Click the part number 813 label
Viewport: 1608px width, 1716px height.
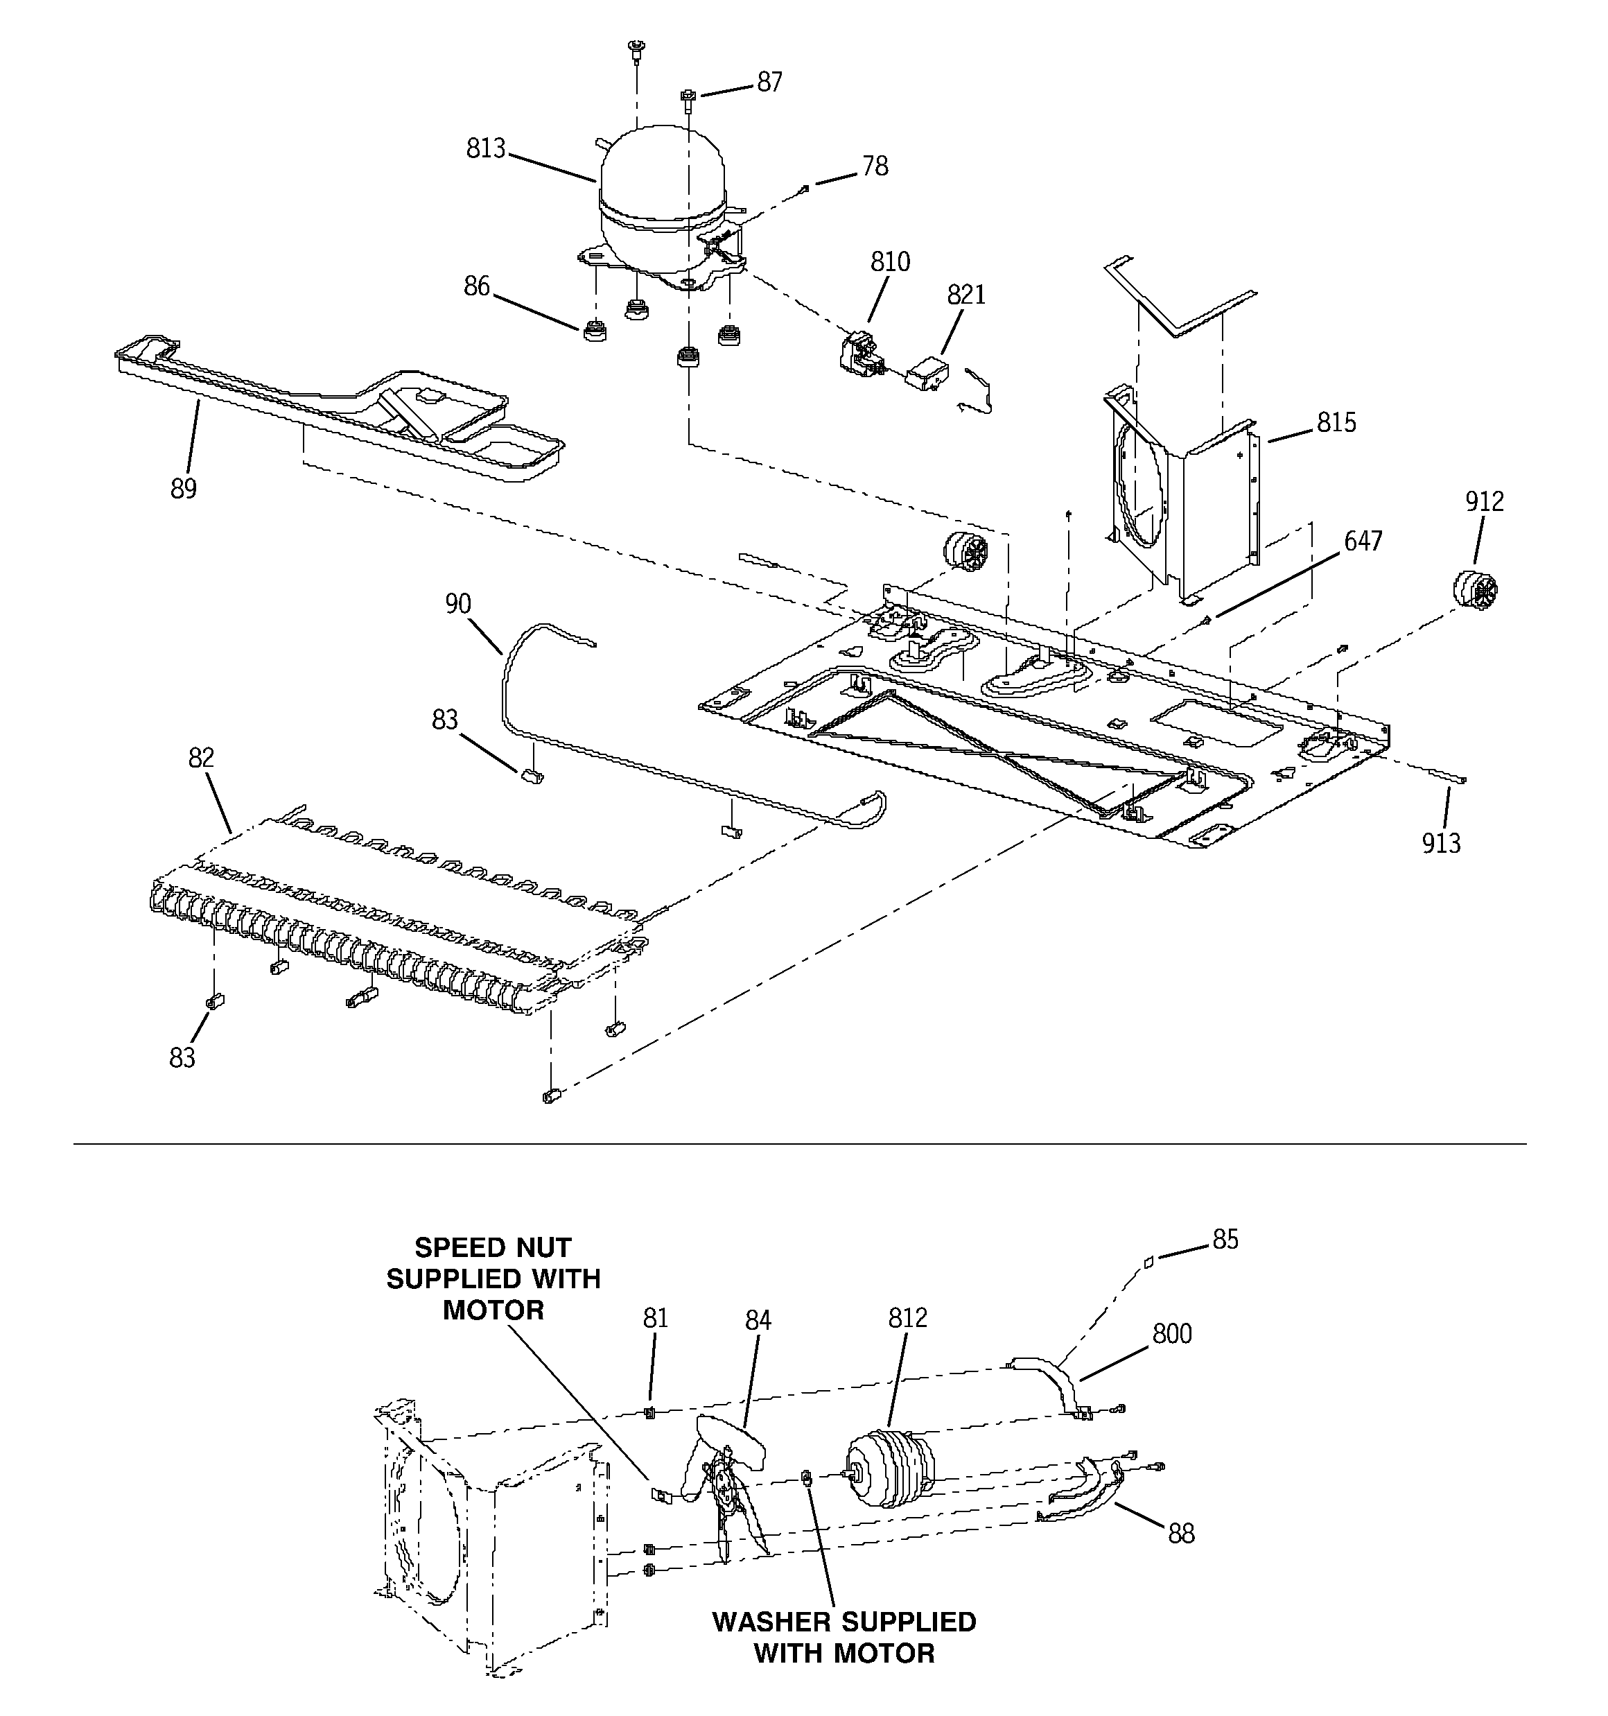click(x=485, y=148)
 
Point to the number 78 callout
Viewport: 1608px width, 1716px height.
click(x=874, y=166)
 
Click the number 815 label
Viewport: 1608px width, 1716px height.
click(x=1336, y=422)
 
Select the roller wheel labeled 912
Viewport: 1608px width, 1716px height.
click(x=1474, y=591)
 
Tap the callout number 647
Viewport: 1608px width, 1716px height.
click(x=1363, y=541)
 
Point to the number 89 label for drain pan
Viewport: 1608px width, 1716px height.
click(x=183, y=489)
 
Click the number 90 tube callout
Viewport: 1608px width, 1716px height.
click(x=457, y=603)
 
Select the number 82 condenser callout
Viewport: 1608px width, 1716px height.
click(x=200, y=758)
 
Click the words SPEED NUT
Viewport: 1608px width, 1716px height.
click(x=493, y=1248)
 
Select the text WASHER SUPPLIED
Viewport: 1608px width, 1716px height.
click(x=844, y=1622)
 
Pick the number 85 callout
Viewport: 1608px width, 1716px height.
click(x=1225, y=1240)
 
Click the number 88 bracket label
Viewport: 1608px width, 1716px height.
click(x=1181, y=1534)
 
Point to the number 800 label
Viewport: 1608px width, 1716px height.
click(x=1171, y=1335)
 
